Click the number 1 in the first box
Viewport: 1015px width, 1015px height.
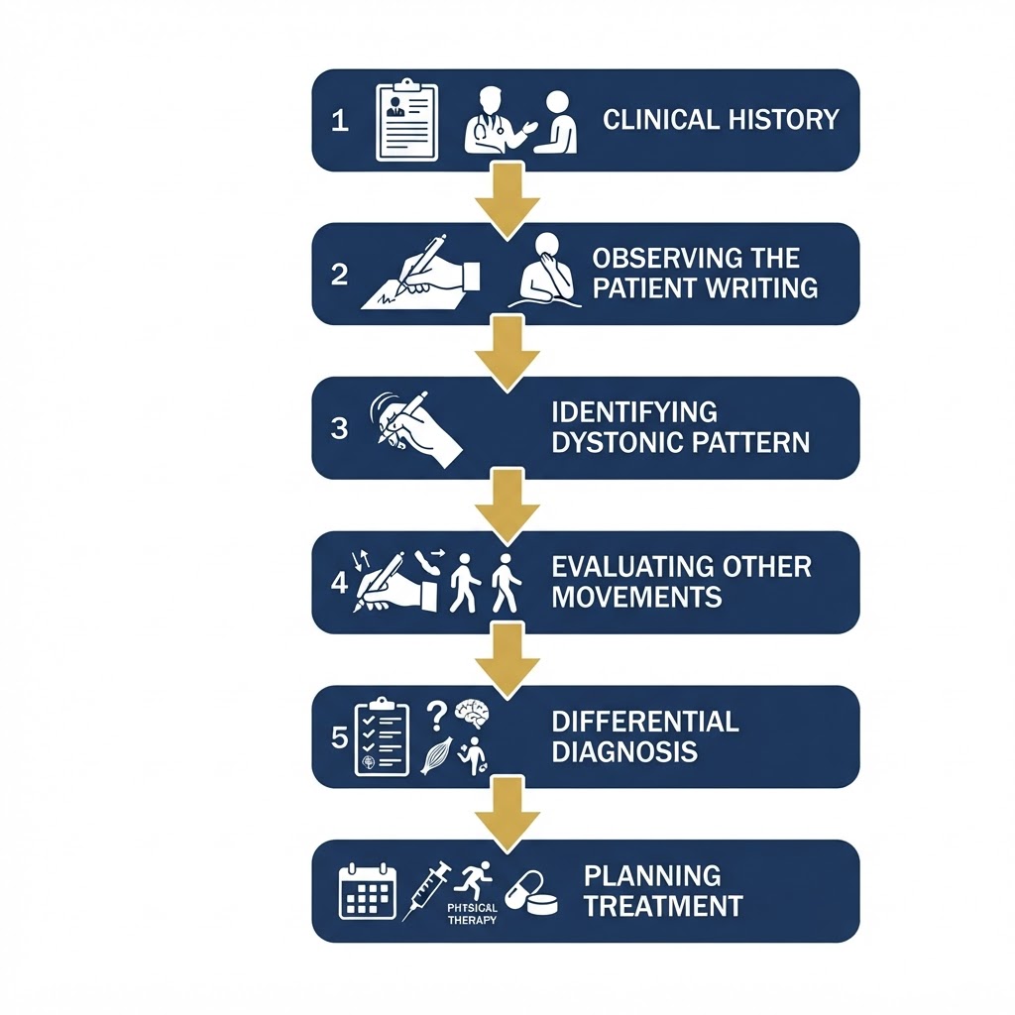[x=340, y=121]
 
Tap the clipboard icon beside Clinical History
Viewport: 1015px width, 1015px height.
[x=407, y=120]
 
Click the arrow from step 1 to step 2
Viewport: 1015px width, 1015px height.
[x=507, y=200]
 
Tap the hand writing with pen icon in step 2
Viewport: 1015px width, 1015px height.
[x=420, y=272]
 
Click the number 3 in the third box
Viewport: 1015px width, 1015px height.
[x=339, y=428]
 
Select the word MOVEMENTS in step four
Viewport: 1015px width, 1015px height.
[x=636, y=597]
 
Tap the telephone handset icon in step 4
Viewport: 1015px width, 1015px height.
[x=426, y=562]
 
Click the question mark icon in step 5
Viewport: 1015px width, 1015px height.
[x=437, y=717]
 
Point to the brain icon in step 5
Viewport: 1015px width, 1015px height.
[x=472, y=715]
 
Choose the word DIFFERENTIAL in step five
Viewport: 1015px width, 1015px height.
[x=645, y=722]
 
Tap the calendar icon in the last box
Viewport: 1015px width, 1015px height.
[x=368, y=891]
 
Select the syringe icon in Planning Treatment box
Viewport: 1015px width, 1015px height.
[x=426, y=891]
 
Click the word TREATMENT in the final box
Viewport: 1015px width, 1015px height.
[x=663, y=906]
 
